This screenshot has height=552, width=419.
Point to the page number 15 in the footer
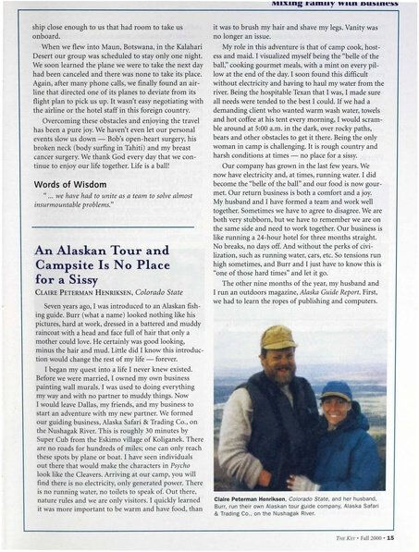click(x=392, y=538)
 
